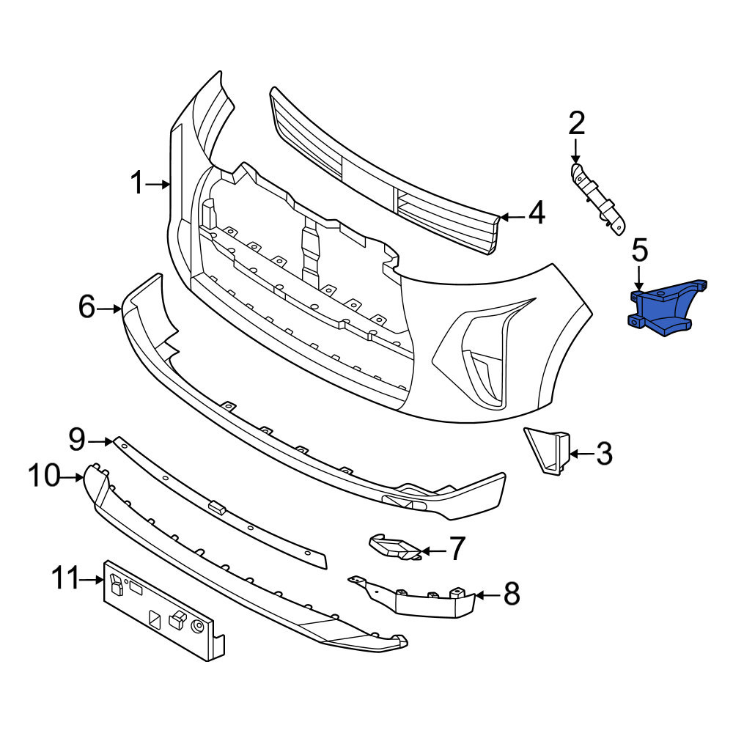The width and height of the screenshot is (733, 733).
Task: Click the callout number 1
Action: pyautogui.click(x=136, y=183)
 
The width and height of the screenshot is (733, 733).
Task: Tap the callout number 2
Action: pyautogui.click(x=576, y=123)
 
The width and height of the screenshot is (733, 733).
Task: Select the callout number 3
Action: pyautogui.click(x=604, y=454)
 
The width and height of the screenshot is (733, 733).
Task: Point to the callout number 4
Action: pyautogui.click(x=537, y=213)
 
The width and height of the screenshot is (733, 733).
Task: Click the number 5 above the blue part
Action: pyautogui.click(x=640, y=250)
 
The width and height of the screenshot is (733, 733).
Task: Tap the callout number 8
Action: pyautogui.click(x=511, y=594)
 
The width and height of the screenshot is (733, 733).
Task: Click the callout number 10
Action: pyautogui.click(x=45, y=475)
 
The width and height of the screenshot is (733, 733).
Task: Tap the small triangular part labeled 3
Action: pyautogui.click(x=547, y=450)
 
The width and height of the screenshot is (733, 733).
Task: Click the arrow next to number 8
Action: pyautogui.click(x=487, y=595)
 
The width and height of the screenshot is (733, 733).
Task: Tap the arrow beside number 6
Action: pyautogui.click(x=109, y=309)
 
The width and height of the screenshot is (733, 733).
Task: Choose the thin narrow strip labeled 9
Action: pyautogui.click(x=220, y=505)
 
